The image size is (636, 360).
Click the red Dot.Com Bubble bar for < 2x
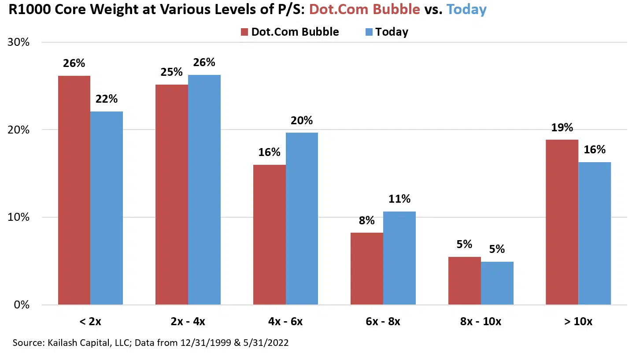[x=74, y=190]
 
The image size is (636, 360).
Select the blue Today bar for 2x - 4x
[x=204, y=189]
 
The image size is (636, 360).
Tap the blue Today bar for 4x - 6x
[x=302, y=219]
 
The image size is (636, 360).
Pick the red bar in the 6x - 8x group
[x=366, y=268]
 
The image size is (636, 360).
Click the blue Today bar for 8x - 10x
[x=497, y=283]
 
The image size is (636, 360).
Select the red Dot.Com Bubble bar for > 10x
[x=562, y=222]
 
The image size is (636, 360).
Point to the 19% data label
[x=562, y=128]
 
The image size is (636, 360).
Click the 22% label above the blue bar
[x=107, y=99]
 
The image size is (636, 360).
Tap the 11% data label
[x=399, y=199]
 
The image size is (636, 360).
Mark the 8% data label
[x=366, y=220]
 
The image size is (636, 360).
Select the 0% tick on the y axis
[x=21, y=305]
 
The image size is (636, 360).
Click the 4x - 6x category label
[x=285, y=322]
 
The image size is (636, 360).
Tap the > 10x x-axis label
[x=578, y=322]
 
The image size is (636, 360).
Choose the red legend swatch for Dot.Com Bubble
[x=245, y=32]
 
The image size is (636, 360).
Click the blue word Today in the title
[x=466, y=10]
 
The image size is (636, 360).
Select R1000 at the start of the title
[x=26, y=10]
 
